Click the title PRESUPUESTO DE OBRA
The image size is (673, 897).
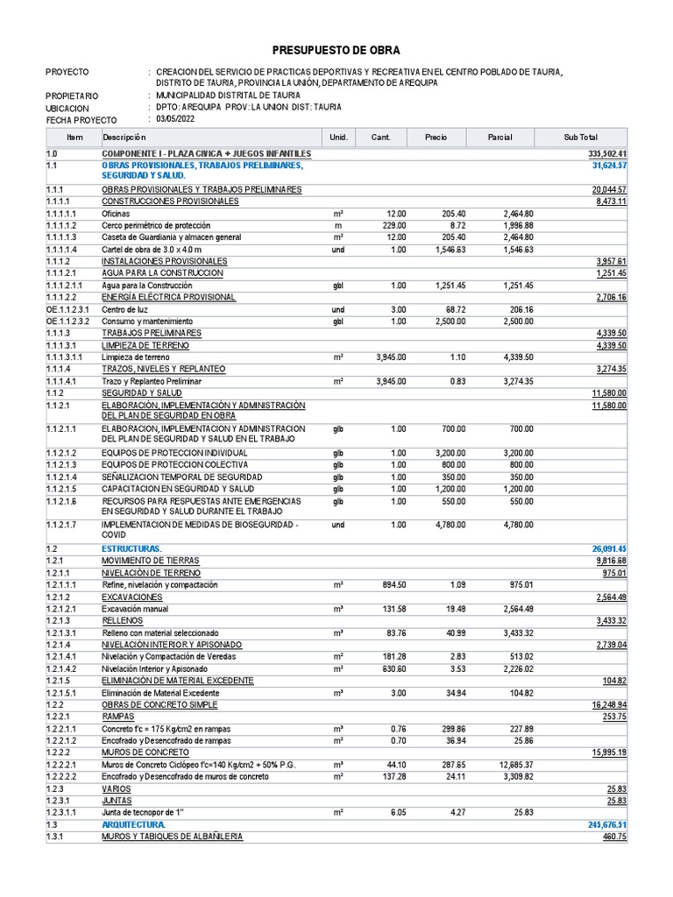point(336,51)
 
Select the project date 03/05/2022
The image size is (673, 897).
point(176,119)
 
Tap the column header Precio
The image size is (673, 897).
point(436,138)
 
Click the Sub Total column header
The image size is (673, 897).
point(581,138)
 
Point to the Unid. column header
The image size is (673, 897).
point(338,138)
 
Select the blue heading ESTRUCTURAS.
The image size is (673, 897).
point(131,548)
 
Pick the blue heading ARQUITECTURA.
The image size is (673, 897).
point(134,825)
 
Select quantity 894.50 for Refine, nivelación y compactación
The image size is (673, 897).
point(390,584)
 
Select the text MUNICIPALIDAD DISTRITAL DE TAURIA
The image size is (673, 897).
point(228,95)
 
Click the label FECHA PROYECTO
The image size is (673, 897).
point(81,119)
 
